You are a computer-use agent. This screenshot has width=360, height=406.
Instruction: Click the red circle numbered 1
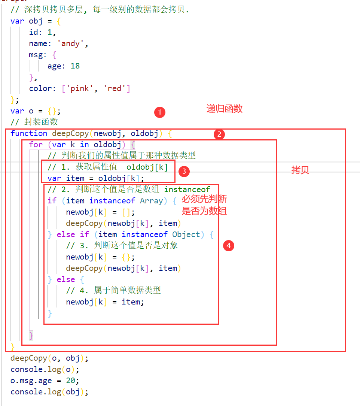(x=160, y=112)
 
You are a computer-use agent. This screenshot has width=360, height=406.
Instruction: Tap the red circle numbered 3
(x=184, y=172)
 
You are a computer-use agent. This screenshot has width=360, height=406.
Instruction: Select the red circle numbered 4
(x=228, y=246)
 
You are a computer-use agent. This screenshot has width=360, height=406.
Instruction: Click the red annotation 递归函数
(x=225, y=109)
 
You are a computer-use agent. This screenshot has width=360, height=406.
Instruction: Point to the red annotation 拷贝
(x=300, y=170)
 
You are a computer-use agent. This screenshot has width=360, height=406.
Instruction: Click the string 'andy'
(x=71, y=43)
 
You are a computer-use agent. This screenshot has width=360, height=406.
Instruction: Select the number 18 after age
(x=75, y=66)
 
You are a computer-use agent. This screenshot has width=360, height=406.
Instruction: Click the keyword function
(x=29, y=133)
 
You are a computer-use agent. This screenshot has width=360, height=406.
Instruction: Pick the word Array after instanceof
(x=152, y=201)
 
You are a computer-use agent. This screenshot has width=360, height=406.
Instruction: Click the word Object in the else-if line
(x=186, y=234)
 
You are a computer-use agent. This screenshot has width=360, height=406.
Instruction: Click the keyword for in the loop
(x=36, y=145)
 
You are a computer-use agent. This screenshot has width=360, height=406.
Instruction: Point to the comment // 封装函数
(x=34, y=122)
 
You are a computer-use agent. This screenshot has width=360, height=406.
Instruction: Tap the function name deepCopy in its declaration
(x=70, y=133)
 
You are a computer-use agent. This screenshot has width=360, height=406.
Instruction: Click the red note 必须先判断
(x=204, y=199)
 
